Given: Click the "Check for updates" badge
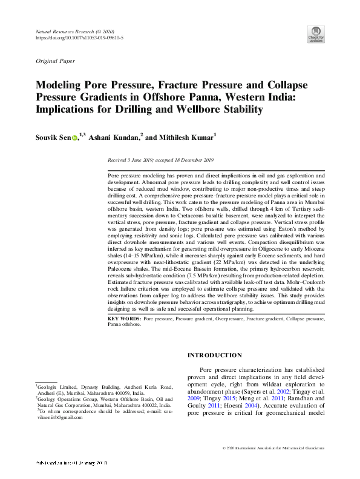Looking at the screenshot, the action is point(315,33).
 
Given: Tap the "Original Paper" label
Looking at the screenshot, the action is point(55,61).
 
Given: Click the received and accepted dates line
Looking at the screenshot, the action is point(160,160).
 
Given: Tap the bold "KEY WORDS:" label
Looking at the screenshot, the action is point(124,318).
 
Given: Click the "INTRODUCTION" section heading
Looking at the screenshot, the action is point(215,355).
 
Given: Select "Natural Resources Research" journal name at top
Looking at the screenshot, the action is point(62,30).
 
